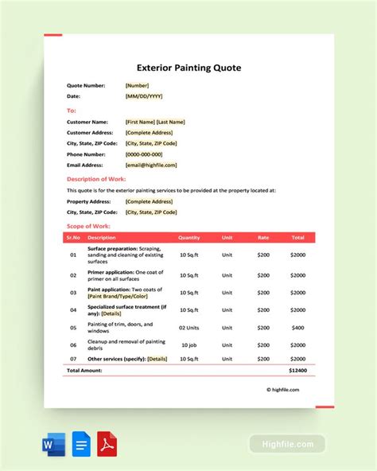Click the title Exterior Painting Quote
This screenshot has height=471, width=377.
(x=188, y=68)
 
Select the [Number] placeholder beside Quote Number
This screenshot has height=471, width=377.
(x=137, y=85)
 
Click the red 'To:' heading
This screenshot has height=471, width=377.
(x=72, y=111)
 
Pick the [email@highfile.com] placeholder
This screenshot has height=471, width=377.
(x=151, y=165)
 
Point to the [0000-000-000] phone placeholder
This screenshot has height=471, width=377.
(x=144, y=154)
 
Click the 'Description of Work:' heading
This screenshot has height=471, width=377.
(x=96, y=179)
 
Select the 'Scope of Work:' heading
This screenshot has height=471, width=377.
(x=88, y=226)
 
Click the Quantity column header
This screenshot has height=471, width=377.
(x=189, y=237)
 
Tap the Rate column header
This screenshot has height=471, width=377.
(x=264, y=237)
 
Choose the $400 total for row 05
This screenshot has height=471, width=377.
(x=297, y=327)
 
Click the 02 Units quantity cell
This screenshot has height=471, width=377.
(x=189, y=327)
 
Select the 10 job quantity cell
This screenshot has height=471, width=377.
(x=189, y=344)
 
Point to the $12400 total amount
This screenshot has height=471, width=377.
(x=297, y=371)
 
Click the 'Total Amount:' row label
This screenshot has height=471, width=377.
(x=84, y=371)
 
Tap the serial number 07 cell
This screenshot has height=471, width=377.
(x=72, y=359)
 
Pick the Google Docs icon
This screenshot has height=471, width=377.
(x=79, y=442)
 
